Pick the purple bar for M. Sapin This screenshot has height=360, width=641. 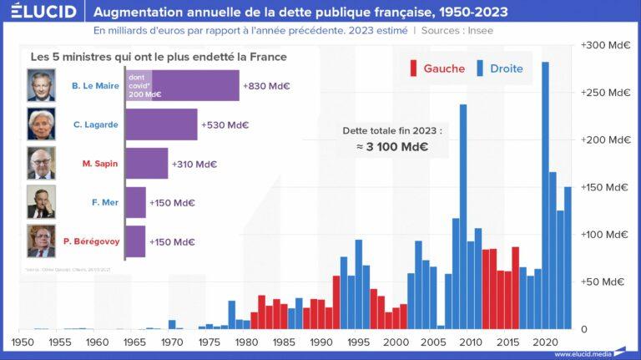click(147, 164)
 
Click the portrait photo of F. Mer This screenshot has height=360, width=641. click(41, 202)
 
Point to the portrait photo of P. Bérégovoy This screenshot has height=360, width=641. click(41, 241)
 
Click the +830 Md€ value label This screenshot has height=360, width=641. click(267, 85)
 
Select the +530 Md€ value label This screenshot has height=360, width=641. click(225, 124)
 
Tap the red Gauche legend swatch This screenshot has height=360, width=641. click(413, 68)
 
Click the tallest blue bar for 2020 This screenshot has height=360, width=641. click(545, 195)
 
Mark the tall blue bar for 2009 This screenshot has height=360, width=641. click(463, 216)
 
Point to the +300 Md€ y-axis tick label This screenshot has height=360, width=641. click(605, 44)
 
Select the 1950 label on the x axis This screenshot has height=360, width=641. click(22, 342)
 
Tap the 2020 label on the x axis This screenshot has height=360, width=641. click(545, 342)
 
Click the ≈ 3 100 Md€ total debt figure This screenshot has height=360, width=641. click(392, 147)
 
